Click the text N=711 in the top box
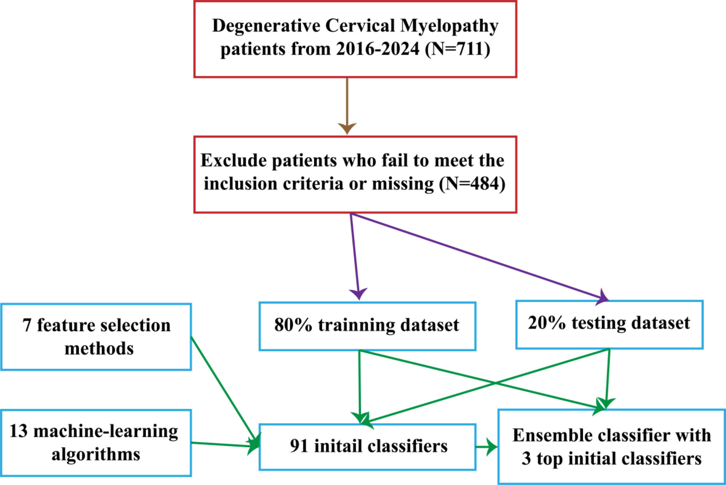pyautogui.click(x=457, y=49)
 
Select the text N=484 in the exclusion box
pyautogui.click(x=472, y=184)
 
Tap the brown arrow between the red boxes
pyautogui.click(x=347, y=105)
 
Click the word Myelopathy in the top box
pyautogui.click(x=449, y=26)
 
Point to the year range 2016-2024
pyautogui.click(x=377, y=49)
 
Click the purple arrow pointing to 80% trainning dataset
pyautogui.click(x=355, y=257)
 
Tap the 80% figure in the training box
pyautogui.click(x=293, y=325)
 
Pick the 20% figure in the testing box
pyautogui.click(x=546, y=323)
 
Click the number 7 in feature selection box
pyautogui.click(x=27, y=325)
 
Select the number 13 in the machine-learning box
pyautogui.click(x=18, y=431)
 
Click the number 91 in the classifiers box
pyautogui.click(x=299, y=446)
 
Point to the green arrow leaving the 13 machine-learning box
pyautogui.click(x=224, y=445)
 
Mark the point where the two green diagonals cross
pyautogui.click(x=495, y=383)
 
